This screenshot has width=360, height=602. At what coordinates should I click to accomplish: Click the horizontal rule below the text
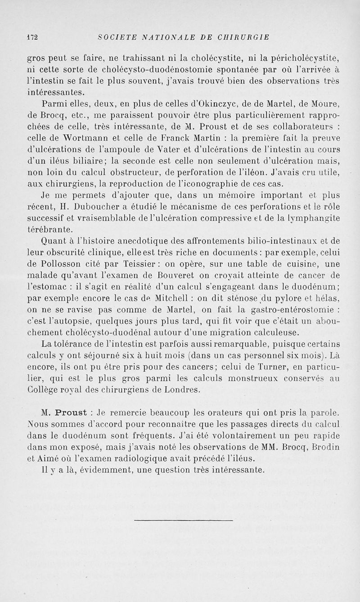pos(184,521)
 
